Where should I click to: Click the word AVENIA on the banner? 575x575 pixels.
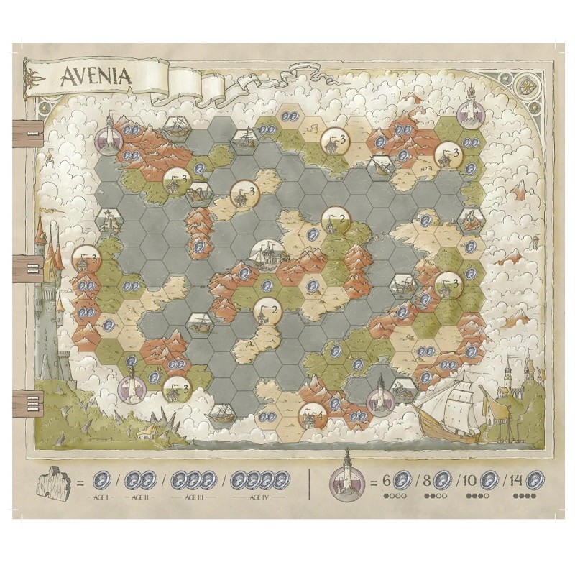click(98, 76)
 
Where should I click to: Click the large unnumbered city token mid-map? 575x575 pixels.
click(267, 252)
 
